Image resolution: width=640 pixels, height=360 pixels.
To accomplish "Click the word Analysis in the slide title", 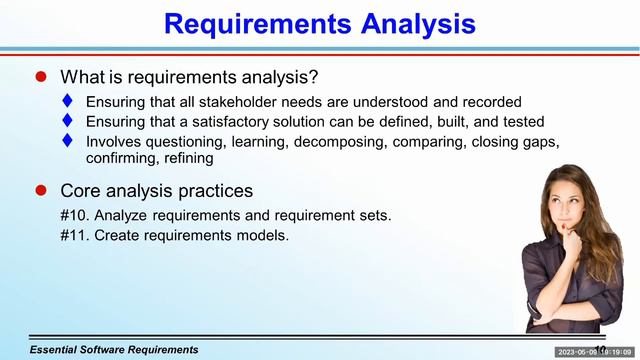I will click(x=407, y=24).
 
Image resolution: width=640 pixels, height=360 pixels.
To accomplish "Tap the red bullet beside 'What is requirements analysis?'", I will click(x=41, y=76).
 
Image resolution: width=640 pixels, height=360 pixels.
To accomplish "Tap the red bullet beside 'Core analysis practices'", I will click(x=41, y=190).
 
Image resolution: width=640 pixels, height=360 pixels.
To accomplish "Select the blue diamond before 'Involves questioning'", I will click(x=68, y=142).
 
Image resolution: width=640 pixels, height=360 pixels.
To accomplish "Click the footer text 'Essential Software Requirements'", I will click(x=114, y=350).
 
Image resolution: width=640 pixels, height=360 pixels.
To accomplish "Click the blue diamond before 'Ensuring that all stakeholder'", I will click(x=68, y=102).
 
